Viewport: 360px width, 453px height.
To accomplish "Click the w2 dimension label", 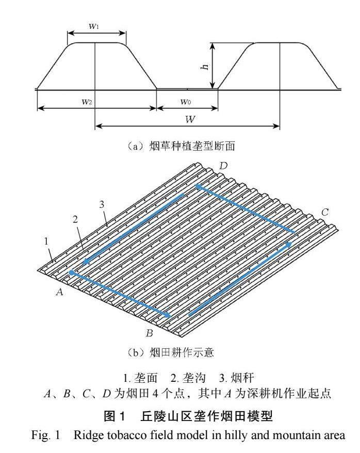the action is click(87, 102).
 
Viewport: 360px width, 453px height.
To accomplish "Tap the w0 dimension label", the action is click(186, 102).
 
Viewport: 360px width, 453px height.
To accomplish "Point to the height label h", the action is click(205, 66).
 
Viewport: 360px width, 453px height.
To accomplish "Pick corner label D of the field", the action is click(223, 166).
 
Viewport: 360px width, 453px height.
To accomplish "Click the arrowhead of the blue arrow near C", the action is click(290, 243).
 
